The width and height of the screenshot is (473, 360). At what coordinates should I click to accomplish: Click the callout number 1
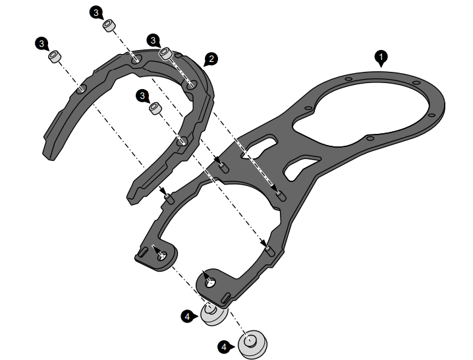381,57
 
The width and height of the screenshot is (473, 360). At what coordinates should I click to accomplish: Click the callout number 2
211,59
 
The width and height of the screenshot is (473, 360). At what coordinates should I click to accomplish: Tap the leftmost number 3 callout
42,44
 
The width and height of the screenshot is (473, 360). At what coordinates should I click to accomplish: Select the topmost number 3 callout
96,13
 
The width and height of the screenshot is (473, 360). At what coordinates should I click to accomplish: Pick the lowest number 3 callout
142,96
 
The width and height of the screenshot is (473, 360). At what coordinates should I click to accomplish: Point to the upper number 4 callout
187,316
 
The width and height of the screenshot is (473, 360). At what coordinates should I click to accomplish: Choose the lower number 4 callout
224,347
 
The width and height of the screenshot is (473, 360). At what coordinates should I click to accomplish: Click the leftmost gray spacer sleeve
55,57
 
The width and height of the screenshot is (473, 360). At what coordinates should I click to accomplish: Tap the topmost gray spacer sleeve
109,25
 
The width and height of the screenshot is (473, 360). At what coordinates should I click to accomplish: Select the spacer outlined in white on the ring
166,54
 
